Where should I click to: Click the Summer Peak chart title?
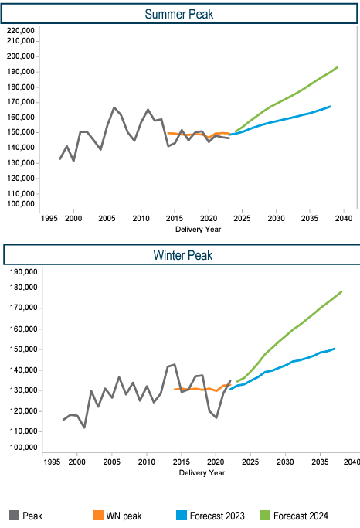179,14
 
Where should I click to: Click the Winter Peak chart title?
182,255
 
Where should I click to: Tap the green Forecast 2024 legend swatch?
265,515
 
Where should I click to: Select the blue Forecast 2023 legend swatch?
182,515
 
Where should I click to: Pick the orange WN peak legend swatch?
98,515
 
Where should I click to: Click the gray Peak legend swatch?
14,515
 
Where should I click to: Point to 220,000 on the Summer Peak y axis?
21,31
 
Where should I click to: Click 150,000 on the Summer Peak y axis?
21,132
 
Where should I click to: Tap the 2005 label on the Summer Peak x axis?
107,219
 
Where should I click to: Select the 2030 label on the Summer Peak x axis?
276,219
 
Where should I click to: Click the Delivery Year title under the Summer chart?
199,230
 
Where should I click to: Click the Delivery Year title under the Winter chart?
202,473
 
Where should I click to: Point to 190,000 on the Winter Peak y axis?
23,272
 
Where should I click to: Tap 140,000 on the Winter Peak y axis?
23,370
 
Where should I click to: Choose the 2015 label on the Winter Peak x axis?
182,462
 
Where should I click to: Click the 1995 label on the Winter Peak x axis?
52,462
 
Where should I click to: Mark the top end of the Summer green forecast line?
337,67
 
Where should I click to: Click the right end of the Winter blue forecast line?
335,349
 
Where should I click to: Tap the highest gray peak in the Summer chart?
114,107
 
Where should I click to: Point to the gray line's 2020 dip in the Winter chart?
216,418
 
